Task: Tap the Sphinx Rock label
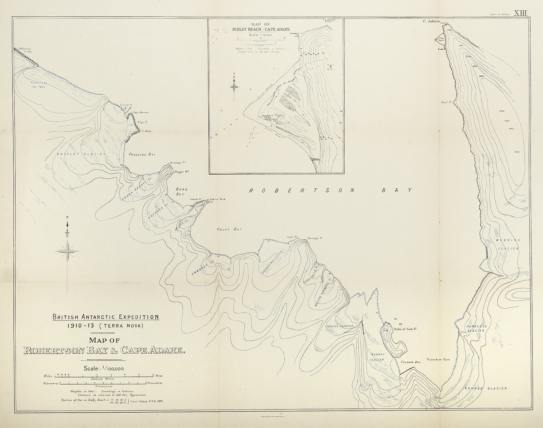[x=218, y=199]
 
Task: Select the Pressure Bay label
[x=142, y=154]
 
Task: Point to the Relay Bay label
[x=229, y=229]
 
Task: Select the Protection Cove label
[x=438, y=360]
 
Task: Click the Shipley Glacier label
[x=81, y=154]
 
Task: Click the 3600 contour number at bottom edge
[x=437, y=408]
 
